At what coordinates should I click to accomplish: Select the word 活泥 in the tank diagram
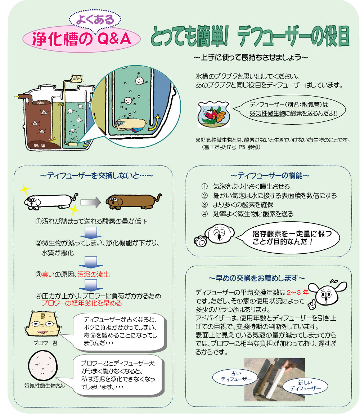pyautogui.click(x=36, y=146)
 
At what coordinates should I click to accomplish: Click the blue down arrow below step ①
pyautogui.click(x=92, y=232)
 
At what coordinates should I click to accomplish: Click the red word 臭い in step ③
pyautogui.click(x=48, y=274)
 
